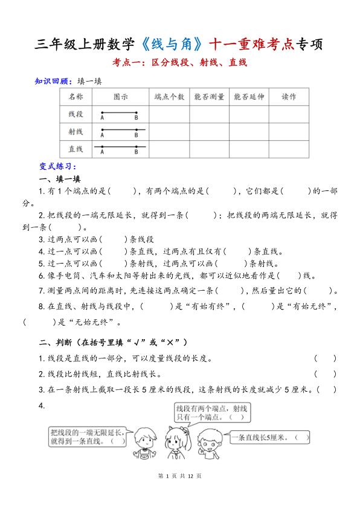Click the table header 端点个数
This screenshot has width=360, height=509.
pos(169,96)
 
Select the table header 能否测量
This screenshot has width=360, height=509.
pos(208,96)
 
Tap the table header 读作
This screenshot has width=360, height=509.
pos(289,96)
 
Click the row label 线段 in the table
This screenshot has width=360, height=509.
pos(76,113)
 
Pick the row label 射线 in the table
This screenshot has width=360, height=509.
pos(76,131)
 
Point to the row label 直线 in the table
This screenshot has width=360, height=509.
pos(76,148)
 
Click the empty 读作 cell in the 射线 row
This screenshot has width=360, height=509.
pos(289,131)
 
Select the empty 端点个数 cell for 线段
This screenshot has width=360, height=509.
pos(169,113)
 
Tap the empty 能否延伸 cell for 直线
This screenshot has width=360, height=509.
pos(248,148)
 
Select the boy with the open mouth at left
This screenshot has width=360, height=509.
pos(146,444)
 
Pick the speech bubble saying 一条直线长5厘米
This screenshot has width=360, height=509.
pos(271,437)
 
